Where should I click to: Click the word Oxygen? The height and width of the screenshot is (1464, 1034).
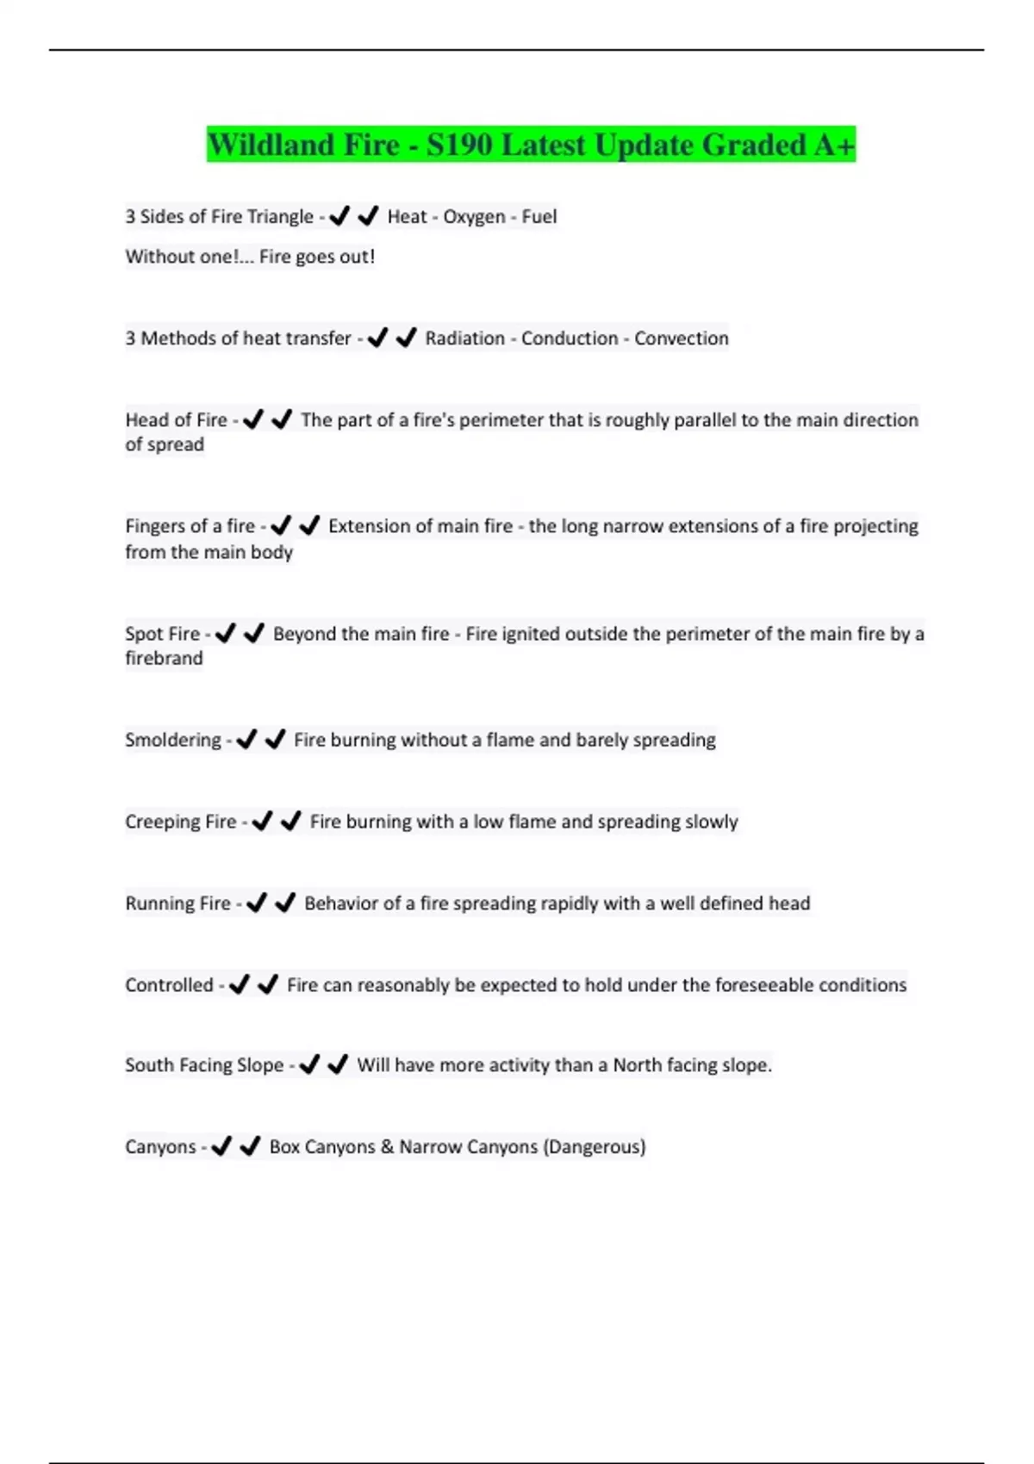pos(474,217)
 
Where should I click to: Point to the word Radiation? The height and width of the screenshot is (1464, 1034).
pos(464,338)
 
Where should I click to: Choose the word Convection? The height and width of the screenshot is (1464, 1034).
pos(682,338)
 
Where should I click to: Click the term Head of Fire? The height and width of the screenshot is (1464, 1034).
pos(176,420)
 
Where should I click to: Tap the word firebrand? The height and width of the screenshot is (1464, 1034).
pos(164,659)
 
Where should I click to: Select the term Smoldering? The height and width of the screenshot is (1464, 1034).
pos(172,741)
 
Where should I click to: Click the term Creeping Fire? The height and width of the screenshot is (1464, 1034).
pos(180,822)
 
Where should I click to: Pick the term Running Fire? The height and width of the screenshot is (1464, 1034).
pos(178,904)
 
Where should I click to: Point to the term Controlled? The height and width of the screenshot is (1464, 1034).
pos(169,985)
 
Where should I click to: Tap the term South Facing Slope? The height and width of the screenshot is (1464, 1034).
pos(204,1065)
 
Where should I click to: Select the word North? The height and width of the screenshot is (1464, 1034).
pos(637,1065)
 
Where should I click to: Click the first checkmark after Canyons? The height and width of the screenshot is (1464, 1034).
pos(221,1146)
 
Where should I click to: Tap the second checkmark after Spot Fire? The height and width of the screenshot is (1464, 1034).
pos(254,634)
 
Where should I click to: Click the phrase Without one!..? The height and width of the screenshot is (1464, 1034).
pos(184,257)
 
